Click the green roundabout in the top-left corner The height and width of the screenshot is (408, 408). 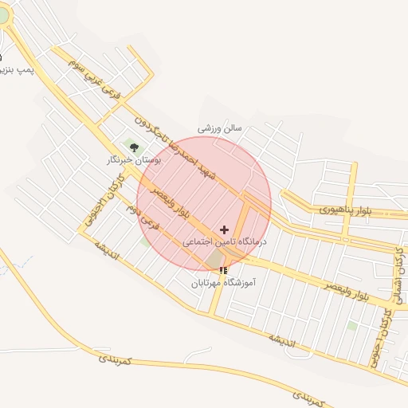coord(3,16)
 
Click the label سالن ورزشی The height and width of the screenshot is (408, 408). coord(219,127)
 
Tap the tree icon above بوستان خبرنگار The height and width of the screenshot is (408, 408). coord(134,147)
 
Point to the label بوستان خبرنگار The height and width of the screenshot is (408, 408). coord(134,160)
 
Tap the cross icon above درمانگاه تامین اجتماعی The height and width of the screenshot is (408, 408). coord(223,229)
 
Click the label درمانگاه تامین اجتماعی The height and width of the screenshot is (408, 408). coord(225,240)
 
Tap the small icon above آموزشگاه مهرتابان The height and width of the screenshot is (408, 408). coord(222,270)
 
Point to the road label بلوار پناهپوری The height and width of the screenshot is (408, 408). coord(346,210)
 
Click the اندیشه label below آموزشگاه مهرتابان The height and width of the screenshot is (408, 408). coord(280,339)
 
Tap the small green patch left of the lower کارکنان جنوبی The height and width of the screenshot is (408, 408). coord(352,325)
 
